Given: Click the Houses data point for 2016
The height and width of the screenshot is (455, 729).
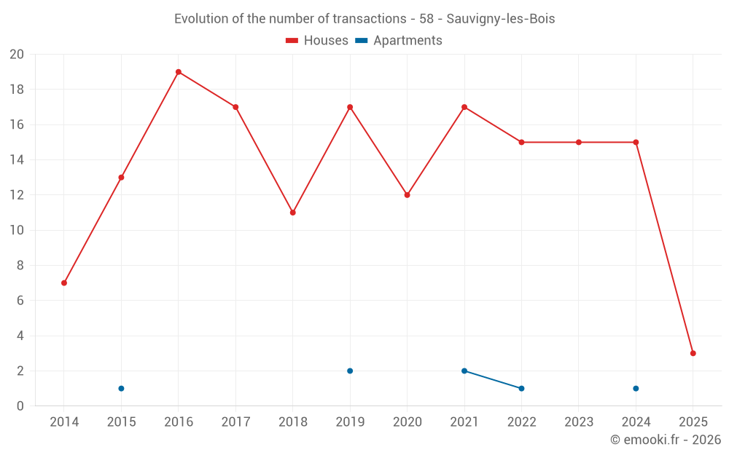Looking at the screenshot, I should tap(179, 72).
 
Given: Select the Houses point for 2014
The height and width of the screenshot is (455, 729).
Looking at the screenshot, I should tap(64, 283).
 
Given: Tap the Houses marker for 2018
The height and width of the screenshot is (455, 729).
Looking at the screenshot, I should tap(292, 213).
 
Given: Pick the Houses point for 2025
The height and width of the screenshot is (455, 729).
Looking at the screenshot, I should tap(693, 353).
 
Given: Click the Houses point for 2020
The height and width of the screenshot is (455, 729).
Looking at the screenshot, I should tap(407, 195).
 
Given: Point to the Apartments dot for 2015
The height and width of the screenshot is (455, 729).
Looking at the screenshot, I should tap(121, 388).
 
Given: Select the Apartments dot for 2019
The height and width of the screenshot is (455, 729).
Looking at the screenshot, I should tap(350, 371).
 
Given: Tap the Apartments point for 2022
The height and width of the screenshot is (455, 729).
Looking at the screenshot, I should tap(521, 388).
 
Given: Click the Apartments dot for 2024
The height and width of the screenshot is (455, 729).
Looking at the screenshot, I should tap(636, 388).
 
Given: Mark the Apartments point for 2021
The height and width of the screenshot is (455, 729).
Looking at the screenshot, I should tap(464, 371).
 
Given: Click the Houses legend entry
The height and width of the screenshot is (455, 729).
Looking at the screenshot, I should tap(317, 41).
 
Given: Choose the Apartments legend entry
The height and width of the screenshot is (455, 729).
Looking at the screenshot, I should tap(399, 41).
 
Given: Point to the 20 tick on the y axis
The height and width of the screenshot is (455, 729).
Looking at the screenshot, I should tap(17, 55).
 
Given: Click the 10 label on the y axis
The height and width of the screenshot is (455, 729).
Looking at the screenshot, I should tap(17, 230).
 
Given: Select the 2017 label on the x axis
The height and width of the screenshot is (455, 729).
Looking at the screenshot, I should tap(235, 422).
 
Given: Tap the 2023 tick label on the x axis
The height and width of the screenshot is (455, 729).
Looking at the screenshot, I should tap(579, 422).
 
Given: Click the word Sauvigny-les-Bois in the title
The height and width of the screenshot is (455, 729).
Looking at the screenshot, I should tap(501, 19).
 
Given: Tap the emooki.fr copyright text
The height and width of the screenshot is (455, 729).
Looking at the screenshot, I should tap(666, 440).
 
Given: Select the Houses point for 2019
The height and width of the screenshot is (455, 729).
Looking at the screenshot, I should tap(350, 107).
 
